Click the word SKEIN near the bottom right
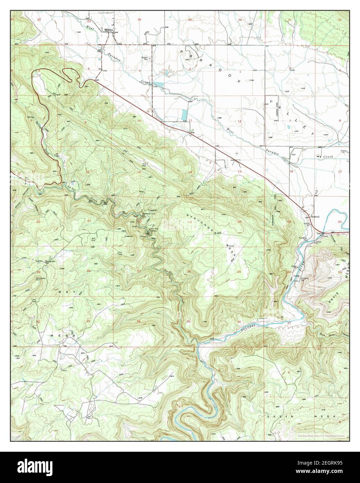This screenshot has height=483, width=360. [x=281, y=416]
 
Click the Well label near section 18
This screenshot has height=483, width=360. [x=293, y=155]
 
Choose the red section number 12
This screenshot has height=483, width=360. [x=240, y=121]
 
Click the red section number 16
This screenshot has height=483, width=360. [x=88, y=172]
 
